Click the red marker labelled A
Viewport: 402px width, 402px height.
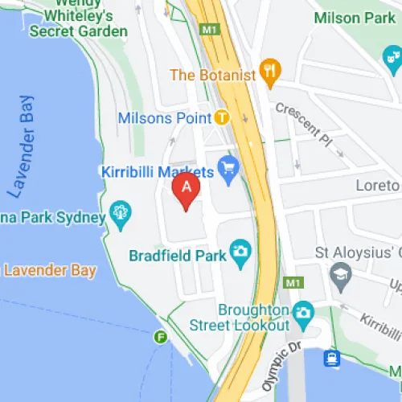pyautogui.click(x=187, y=191)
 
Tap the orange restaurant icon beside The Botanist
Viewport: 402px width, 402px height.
pyautogui.click(x=269, y=74)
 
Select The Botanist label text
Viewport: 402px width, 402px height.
pyautogui.click(x=213, y=75)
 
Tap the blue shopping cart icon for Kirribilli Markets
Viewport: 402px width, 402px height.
pyautogui.click(x=229, y=171)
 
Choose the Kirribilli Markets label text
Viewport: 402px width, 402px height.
pyautogui.click(x=158, y=171)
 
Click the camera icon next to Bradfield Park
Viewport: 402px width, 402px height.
pyautogui.click(x=240, y=252)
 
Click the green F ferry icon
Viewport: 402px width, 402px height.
pyautogui.click(x=161, y=337)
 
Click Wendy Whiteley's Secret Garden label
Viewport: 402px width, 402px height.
pyautogui.click(x=78, y=18)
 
